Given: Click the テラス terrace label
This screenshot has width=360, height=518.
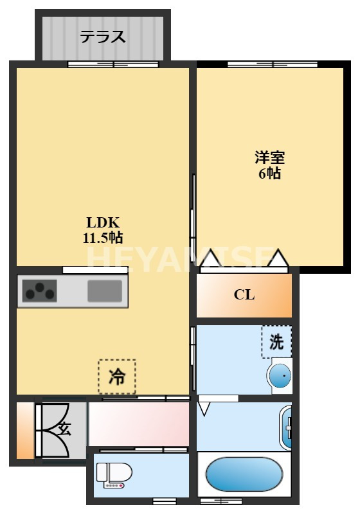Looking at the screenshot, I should coord(102,37).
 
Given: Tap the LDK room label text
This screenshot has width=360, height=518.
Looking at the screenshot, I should coord(103,223).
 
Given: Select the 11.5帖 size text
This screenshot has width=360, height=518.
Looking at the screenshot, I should coord(103,238).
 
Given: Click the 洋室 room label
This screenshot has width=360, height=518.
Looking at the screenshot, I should coord(269,157).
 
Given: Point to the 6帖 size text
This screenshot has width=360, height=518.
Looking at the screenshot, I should coord(269,173).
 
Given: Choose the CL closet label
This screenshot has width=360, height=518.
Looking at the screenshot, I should coord(244,295).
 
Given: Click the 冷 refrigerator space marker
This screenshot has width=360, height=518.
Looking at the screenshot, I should coord(117,376).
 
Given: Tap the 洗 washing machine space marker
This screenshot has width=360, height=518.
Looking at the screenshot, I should coord(276,342).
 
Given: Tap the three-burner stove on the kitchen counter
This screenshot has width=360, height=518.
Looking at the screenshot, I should coord(39,292).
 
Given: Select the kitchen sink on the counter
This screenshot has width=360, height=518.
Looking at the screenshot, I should coord(105,291).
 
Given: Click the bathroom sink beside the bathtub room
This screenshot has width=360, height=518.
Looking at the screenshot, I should coord(287,427).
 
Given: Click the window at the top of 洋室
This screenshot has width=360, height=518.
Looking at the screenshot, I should coord(273,64).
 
